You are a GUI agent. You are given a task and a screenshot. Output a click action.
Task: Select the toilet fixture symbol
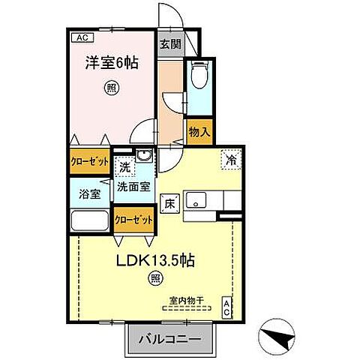pyautogui.click(x=197, y=77)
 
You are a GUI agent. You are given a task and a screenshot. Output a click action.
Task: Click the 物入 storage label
pyautogui.click(x=198, y=132)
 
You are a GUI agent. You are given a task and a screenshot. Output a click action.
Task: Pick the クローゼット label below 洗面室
pyautogui.click(x=135, y=220)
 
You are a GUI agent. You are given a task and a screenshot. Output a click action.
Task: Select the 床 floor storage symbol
pyautogui.click(x=169, y=202)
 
